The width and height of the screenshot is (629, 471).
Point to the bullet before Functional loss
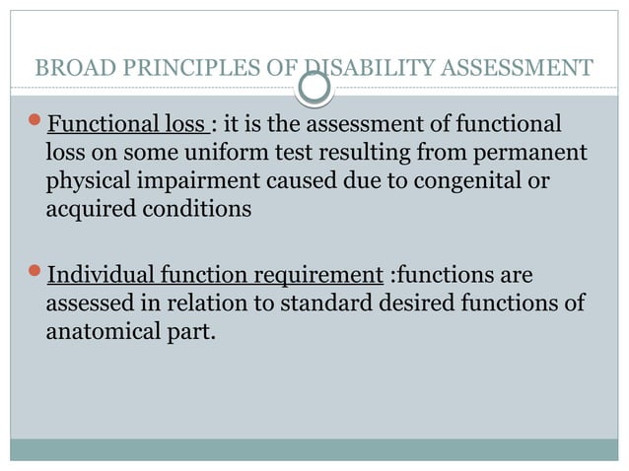(x=36, y=126)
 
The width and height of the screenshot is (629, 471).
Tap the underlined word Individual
(x=99, y=274)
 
